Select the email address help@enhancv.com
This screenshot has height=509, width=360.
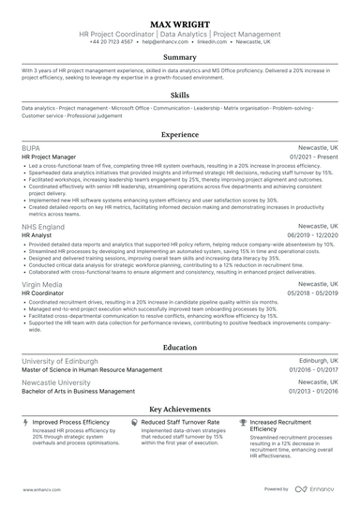tap(162, 42)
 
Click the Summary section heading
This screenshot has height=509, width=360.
tap(180, 57)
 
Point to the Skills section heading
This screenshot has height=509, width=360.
tap(180, 95)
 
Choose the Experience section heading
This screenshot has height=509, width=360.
tap(180, 134)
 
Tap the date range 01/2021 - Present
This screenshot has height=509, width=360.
tap(314, 157)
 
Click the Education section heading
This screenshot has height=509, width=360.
tap(180, 347)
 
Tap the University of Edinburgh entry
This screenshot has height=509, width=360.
tap(63, 361)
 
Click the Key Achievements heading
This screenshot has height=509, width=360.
tap(180, 409)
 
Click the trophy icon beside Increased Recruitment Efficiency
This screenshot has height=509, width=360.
tap(244, 423)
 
